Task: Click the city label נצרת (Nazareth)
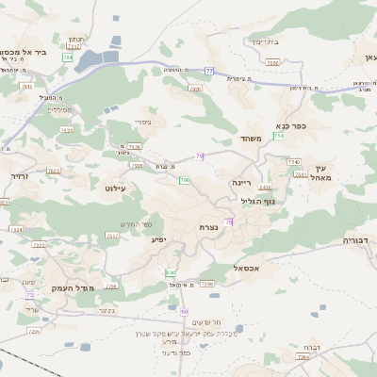click(x=209, y=228)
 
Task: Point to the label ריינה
click(x=243, y=181)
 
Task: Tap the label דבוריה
click(x=356, y=240)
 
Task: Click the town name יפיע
click(x=159, y=240)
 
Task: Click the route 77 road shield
click(x=209, y=72)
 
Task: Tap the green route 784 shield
click(x=67, y=57)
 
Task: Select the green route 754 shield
click(x=278, y=137)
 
